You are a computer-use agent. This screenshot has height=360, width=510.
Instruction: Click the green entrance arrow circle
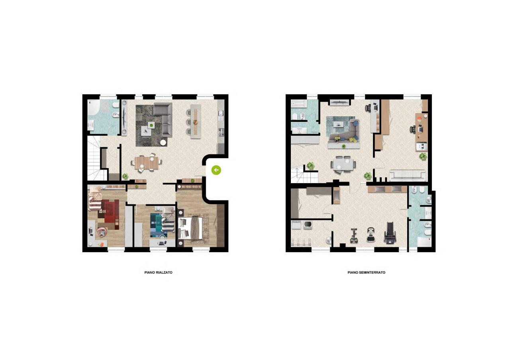click(x=216, y=170)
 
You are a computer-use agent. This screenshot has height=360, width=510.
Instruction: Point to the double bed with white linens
click(x=190, y=228)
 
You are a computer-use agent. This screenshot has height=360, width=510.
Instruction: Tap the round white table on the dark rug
click(x=163, y=143)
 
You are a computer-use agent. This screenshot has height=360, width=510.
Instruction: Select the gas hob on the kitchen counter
click(x=221, y=132)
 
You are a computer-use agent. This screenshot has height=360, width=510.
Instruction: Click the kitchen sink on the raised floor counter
click(x=221, y=115)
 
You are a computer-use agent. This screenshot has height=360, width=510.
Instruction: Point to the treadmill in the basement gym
click(x=390, y=233)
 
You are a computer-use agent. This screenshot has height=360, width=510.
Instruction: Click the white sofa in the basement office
click(x=407, y=175)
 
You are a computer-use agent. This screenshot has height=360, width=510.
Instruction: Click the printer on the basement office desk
click(x=422, y=147)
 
